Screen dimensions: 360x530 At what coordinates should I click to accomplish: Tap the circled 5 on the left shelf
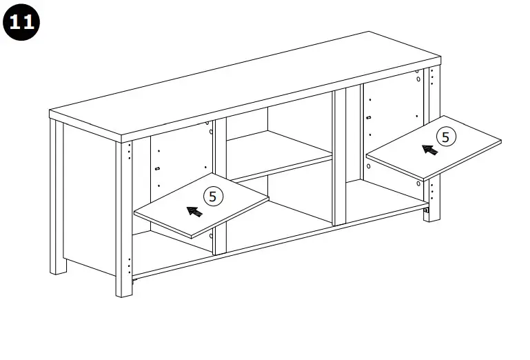pos(212,197)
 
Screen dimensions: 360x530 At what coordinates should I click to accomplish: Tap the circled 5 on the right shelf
pos(446,137)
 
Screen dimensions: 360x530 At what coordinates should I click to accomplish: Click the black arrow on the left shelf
pos(195,210)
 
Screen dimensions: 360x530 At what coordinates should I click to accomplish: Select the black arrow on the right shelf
pos(429,149)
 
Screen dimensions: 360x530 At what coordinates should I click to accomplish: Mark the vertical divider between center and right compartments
pos(339,159)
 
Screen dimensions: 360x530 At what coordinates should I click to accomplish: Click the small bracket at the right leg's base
pos(427,210)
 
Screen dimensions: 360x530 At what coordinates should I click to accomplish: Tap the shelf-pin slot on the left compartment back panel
pos(158,168)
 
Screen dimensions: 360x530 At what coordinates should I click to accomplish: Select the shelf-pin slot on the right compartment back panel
pos(369,117)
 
